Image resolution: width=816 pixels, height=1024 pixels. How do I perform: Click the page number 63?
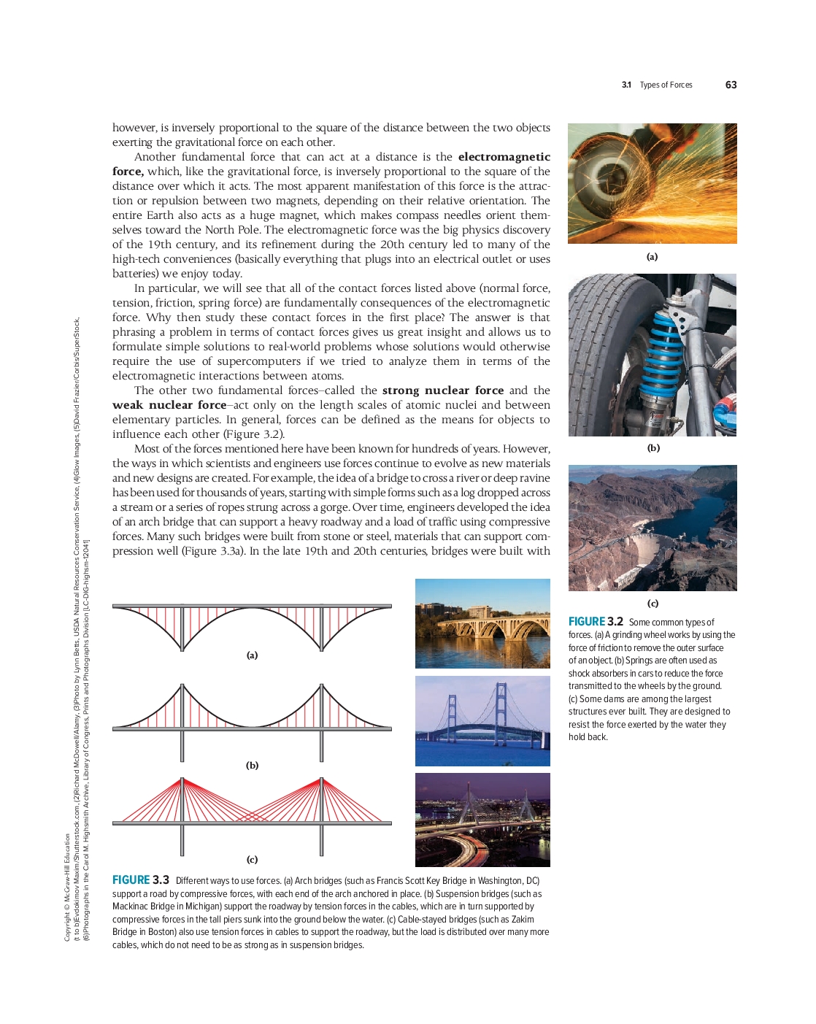(731, 85)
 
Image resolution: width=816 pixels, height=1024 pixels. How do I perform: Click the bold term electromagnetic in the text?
(504, 157)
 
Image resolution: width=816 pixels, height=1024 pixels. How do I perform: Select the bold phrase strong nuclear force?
(443, 390)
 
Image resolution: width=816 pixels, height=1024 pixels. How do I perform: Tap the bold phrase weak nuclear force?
(169, 405)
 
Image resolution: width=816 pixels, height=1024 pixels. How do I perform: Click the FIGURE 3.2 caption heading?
(596, 622)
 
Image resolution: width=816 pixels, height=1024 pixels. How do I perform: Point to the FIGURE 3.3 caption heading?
(141, 880)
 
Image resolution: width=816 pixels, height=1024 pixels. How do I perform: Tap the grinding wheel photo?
(652, 183)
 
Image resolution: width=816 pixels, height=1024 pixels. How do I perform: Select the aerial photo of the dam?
(653, 528)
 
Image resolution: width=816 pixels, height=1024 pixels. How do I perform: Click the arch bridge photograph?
(482, 623)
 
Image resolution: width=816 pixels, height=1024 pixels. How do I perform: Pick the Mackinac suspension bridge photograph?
(482, 721)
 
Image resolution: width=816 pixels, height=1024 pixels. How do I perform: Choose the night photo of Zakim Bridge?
(482, 820)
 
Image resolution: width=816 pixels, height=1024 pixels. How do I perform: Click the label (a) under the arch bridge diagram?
(252, 655)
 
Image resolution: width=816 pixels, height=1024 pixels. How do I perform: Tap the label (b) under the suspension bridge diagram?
(252, 766)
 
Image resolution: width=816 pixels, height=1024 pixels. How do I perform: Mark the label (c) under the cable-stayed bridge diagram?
(252, 860)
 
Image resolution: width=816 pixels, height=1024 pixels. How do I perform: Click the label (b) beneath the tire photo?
(653, 448)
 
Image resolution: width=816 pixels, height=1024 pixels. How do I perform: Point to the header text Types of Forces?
(666, 85)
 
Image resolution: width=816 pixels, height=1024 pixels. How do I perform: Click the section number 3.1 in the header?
(626, 85)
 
